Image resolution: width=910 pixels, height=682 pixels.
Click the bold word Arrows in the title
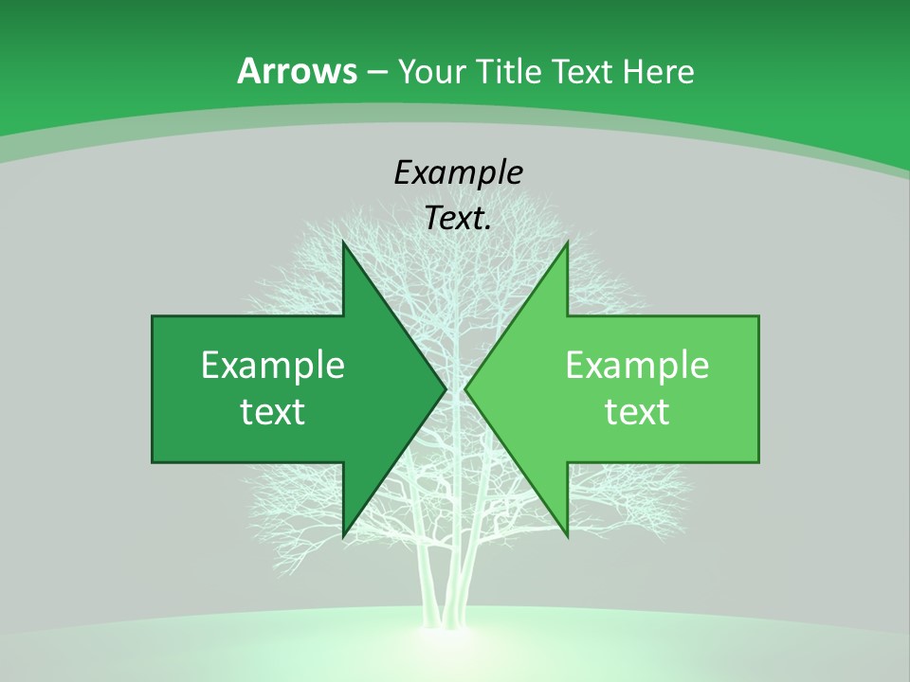(297, 71)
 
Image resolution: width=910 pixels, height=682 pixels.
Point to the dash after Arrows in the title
(376, 72)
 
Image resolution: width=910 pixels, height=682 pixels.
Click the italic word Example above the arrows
(458, 173)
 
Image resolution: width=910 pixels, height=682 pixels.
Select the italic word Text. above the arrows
(458, 219)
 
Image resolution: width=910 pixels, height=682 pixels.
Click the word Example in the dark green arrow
(272, 366)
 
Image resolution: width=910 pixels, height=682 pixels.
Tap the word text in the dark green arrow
(272, 412)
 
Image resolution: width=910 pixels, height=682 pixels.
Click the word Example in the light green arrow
(637, 366)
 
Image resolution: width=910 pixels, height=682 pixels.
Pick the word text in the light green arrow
(637, 412)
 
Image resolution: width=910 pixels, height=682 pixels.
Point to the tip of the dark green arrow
(445, 389)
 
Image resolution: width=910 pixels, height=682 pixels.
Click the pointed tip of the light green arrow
(465, 389)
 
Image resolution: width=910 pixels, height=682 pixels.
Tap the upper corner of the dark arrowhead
(344, 244)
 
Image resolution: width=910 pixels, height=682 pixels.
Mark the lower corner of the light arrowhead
(567, 535)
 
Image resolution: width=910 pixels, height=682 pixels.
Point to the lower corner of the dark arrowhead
(344, 535)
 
